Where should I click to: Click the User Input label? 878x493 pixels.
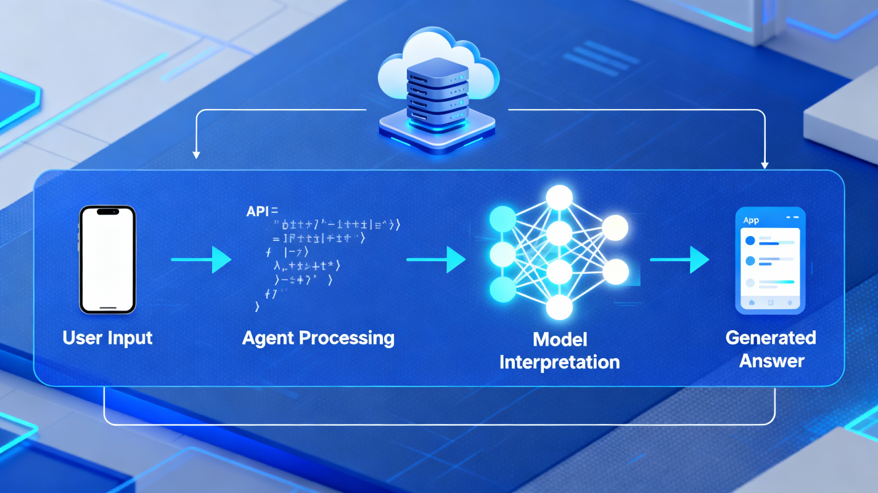[107, 338]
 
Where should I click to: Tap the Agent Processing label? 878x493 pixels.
[318, 338]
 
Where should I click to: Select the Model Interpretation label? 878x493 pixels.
[559, 350]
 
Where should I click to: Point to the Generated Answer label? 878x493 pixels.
[771, 349]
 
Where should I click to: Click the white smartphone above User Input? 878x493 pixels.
[107, 259]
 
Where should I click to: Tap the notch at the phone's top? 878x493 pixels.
[108, 211]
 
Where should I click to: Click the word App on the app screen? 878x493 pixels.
[751, 220]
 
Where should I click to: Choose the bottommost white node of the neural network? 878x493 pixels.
[559, 306]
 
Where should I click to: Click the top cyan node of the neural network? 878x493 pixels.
[502, 217]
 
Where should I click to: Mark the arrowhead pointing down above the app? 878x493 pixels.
[765, 165]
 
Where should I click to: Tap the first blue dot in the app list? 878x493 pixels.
[750, 240]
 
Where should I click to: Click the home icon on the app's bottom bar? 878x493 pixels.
[752, 303]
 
